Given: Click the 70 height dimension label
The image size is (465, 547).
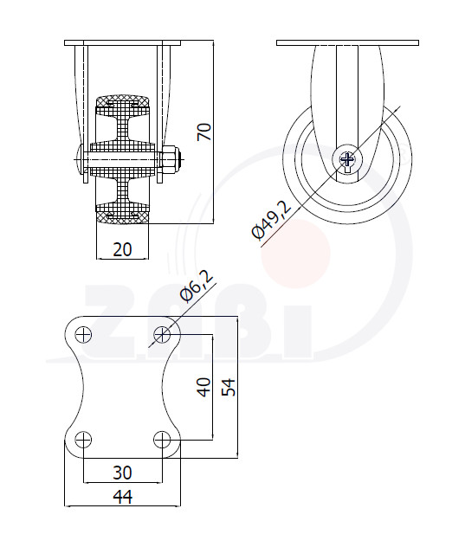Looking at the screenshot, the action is point(204,132).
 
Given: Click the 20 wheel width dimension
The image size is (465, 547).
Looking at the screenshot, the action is point(123,249).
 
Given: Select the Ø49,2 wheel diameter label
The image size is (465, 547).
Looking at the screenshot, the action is point(271,221).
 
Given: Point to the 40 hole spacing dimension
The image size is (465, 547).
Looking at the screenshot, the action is point(204,387).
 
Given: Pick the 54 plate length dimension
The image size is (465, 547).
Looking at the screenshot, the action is point(229,387).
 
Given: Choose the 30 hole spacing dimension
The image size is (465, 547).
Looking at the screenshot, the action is point(123,473).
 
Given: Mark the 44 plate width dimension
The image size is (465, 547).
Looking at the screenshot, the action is point(123,497).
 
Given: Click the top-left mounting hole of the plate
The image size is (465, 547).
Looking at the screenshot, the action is point(83,335).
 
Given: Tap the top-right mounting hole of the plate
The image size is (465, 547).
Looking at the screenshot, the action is point(162,335).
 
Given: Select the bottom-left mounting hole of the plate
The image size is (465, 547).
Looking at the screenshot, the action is point(83,440).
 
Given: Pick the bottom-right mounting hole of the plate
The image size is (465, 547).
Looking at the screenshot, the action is point(162,440).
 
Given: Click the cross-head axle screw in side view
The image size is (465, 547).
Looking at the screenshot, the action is point(347,159).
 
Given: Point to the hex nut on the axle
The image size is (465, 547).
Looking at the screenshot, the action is point(170,160).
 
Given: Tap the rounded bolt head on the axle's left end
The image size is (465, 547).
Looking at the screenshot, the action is point(79,160).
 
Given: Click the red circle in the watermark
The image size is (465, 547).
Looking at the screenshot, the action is point(295,254).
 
